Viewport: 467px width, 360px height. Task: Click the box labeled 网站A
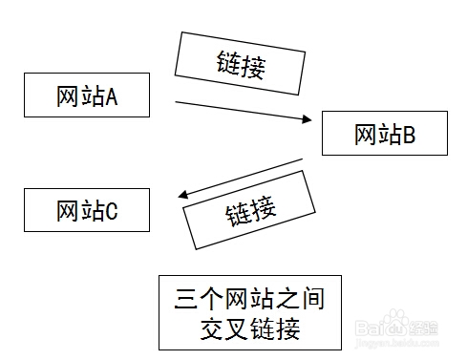pos(86,96)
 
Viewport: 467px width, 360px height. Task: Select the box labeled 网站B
pos(384,135)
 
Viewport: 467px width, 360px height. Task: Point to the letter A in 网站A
pos(111,96)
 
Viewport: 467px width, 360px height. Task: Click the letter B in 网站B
pos(409,135)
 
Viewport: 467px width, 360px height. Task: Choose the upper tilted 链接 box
pos(240,66)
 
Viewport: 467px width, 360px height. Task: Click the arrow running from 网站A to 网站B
pos(239,110)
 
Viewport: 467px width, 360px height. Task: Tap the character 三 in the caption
pos(188,300)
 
